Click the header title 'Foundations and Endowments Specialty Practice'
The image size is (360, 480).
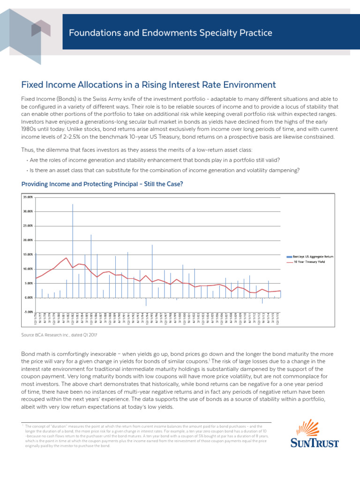point(170,33)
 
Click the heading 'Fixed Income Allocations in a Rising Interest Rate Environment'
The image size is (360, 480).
point(149,85)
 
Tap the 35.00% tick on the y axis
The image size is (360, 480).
point(28,197)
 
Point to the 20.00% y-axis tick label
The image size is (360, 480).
point(28,240)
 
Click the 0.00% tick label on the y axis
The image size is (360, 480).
point(28,298)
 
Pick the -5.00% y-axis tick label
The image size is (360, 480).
point(28,312)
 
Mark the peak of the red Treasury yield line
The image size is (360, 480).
point(67,258)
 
